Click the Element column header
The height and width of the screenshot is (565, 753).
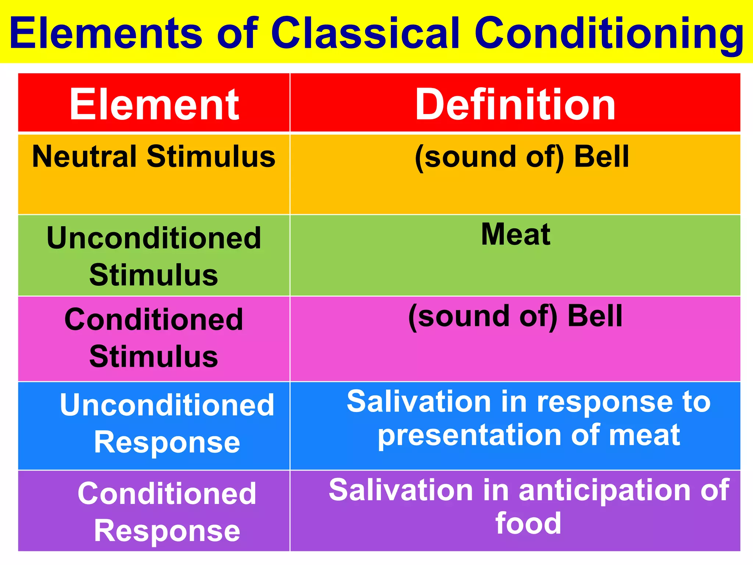tap(154, 105)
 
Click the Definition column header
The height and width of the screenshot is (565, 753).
tap(515, 105)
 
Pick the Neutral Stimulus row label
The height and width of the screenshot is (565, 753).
tap(154, 156)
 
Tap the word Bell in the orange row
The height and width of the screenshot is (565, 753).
tap(602, 156)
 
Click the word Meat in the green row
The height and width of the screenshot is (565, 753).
tap(515, 234)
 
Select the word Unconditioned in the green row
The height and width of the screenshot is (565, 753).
tap(154, 238)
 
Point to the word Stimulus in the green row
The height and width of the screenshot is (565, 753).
tap(154, 275)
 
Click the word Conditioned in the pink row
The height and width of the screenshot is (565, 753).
tap(154, 319)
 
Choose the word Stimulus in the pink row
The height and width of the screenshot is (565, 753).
tap(154, 356)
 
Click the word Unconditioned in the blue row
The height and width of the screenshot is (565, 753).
tap(167, 405)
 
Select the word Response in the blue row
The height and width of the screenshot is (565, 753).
tap(167, 443)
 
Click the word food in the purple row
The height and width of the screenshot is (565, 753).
tap(528, 523)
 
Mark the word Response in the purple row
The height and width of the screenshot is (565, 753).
tap(167, 531)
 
